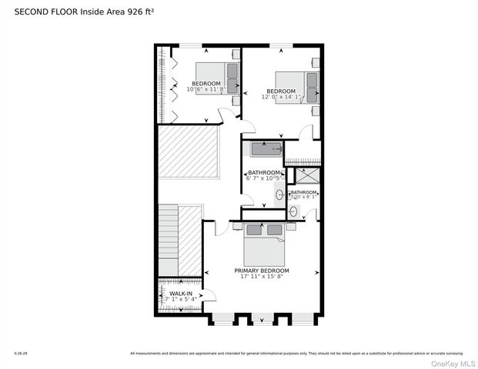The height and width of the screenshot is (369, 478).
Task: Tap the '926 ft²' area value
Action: click(151, 11)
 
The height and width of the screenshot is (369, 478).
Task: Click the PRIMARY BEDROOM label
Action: click(262, 271)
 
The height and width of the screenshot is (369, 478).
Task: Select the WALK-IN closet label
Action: click(181, 293)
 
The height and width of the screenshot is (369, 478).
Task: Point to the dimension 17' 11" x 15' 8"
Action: click(262, 278)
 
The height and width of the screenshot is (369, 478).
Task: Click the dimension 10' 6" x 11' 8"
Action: click(206, 89)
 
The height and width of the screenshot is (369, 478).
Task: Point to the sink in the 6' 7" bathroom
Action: click(279, 194)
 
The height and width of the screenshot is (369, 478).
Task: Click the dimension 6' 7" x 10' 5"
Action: click(264, 178)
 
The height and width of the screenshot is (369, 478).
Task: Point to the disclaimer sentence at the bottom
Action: click(296, 354)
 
